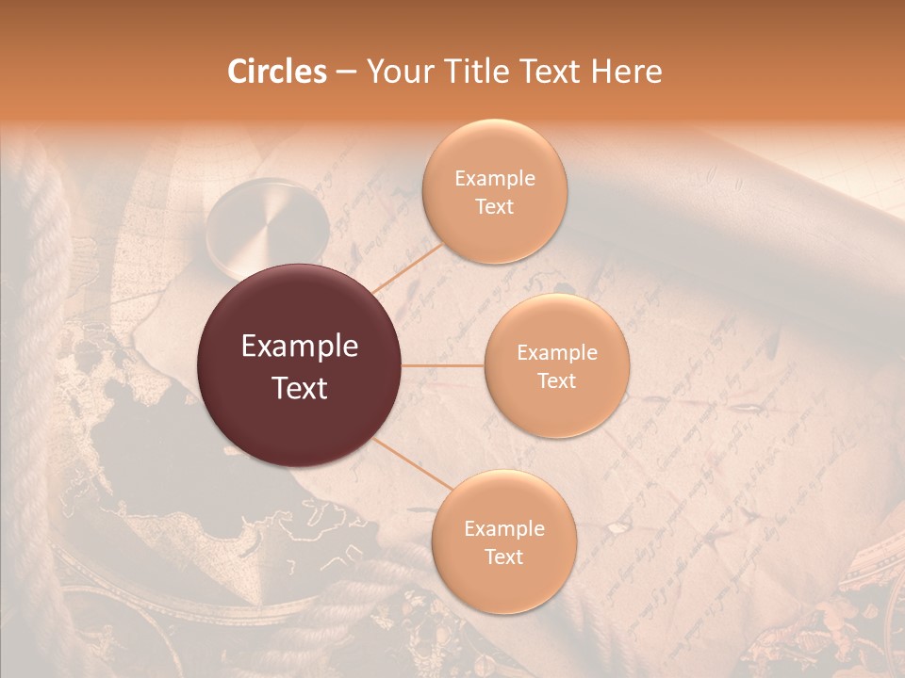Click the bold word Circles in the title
click(x=278, y=72)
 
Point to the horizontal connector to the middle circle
click(x=443, y=365)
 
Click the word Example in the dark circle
click(x=300, y=347)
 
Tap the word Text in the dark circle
click(x=300, y=388)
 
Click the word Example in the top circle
click(x=495, y=178)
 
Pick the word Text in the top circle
click(x=495, y=206)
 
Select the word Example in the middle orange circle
click(x=557, y=352)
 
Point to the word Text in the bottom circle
click(x=503, y=557)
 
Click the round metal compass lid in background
click(x=268, y=226)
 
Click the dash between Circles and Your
click(x=346, y=72)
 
